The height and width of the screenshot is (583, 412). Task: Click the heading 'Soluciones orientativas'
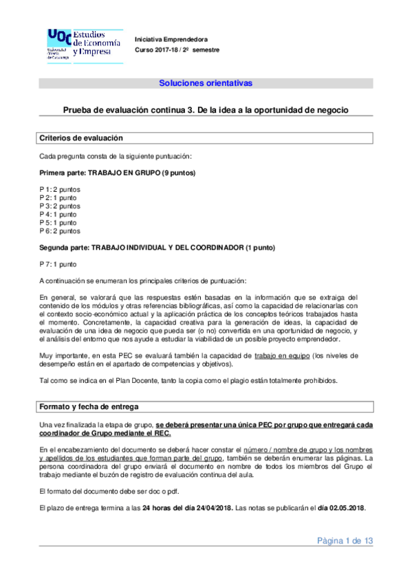206,83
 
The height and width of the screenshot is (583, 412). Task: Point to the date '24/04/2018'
213,508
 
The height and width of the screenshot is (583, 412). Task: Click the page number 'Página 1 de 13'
345,541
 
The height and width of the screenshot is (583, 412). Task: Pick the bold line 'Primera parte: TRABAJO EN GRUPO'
118,172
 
